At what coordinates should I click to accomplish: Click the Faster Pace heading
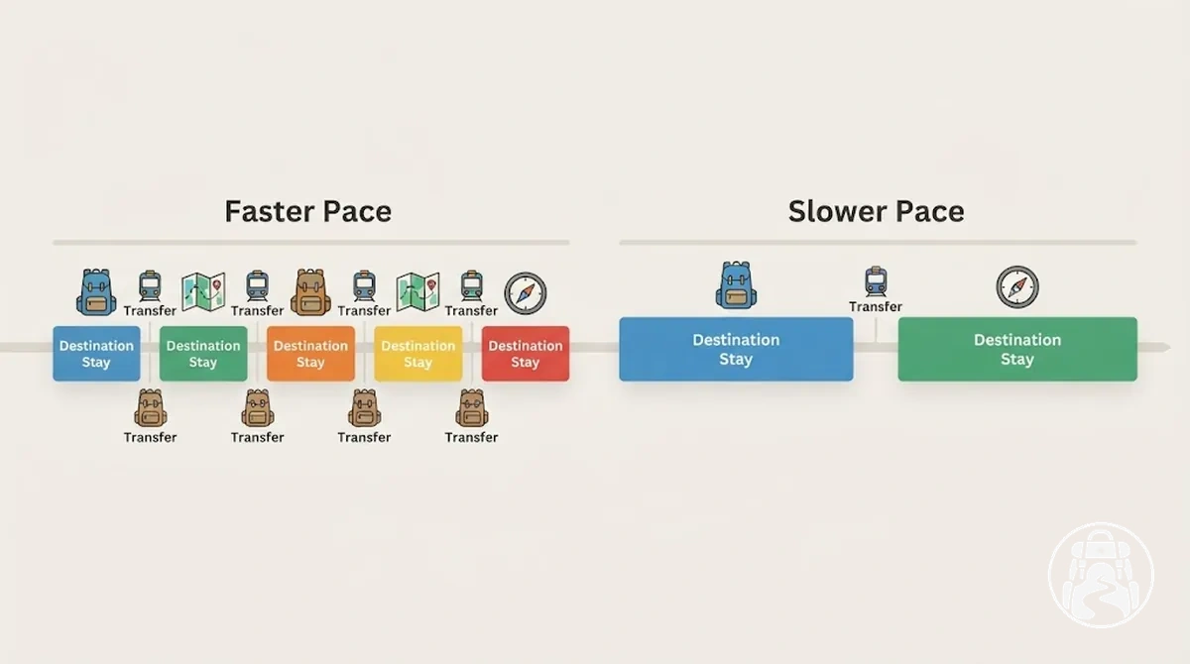[x=308, y=211]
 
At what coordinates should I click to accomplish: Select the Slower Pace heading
[x=876, y=211]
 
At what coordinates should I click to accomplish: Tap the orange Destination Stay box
[x=310, y=354]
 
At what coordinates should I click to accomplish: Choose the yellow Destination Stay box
[x=418, y=354]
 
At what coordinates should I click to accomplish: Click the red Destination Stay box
[x=526, y=354]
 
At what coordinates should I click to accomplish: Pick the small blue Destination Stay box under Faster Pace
[x=97, y=354]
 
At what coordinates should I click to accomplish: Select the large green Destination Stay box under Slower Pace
[x=1017, y=349]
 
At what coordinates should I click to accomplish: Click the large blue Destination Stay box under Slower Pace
[x=736, y=349]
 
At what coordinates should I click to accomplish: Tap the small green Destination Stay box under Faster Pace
[x=203, y=354]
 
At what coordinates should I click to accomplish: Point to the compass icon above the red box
[x=526, y=293]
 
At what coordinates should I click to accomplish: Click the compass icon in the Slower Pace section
[x=1017, y=287]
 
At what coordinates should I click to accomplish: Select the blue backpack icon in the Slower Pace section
[x=736, y=284]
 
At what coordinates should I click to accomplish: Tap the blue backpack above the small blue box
[x=96, y=292]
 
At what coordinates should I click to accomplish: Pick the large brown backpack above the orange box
[x=310, y=292]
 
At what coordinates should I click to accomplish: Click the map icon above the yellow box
[x=418, y=291]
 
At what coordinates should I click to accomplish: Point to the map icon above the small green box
[x=203, y=291]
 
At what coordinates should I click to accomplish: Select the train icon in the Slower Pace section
[x=876, y=281]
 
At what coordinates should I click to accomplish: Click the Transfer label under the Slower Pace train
[x=876, y=307]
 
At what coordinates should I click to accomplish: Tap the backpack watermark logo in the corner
[x=1102, y=575]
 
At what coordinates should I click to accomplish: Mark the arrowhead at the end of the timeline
[x=1166, y=347]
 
